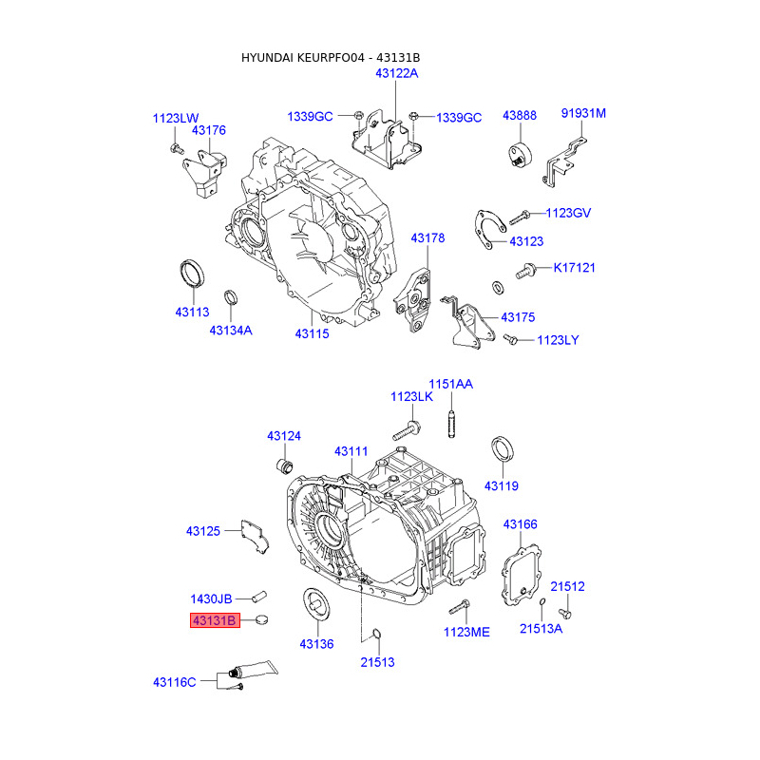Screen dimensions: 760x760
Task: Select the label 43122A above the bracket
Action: (x=396, y=73)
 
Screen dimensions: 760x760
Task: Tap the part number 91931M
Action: (x=582, y=114)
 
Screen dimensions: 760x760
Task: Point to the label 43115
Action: (x=312, y=333)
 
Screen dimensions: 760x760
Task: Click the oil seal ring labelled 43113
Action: (x=193, y=273)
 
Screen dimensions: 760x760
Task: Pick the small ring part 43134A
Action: (x=230, y=299)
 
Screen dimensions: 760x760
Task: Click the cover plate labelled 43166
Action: (x=521, y=571)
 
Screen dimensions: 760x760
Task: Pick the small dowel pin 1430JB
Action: (x=259, y=598)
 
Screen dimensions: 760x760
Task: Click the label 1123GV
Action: (x=568, y=213)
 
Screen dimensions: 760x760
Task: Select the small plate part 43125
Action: (x=255, y=535)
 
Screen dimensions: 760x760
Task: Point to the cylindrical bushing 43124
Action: (x=283, y=465)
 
